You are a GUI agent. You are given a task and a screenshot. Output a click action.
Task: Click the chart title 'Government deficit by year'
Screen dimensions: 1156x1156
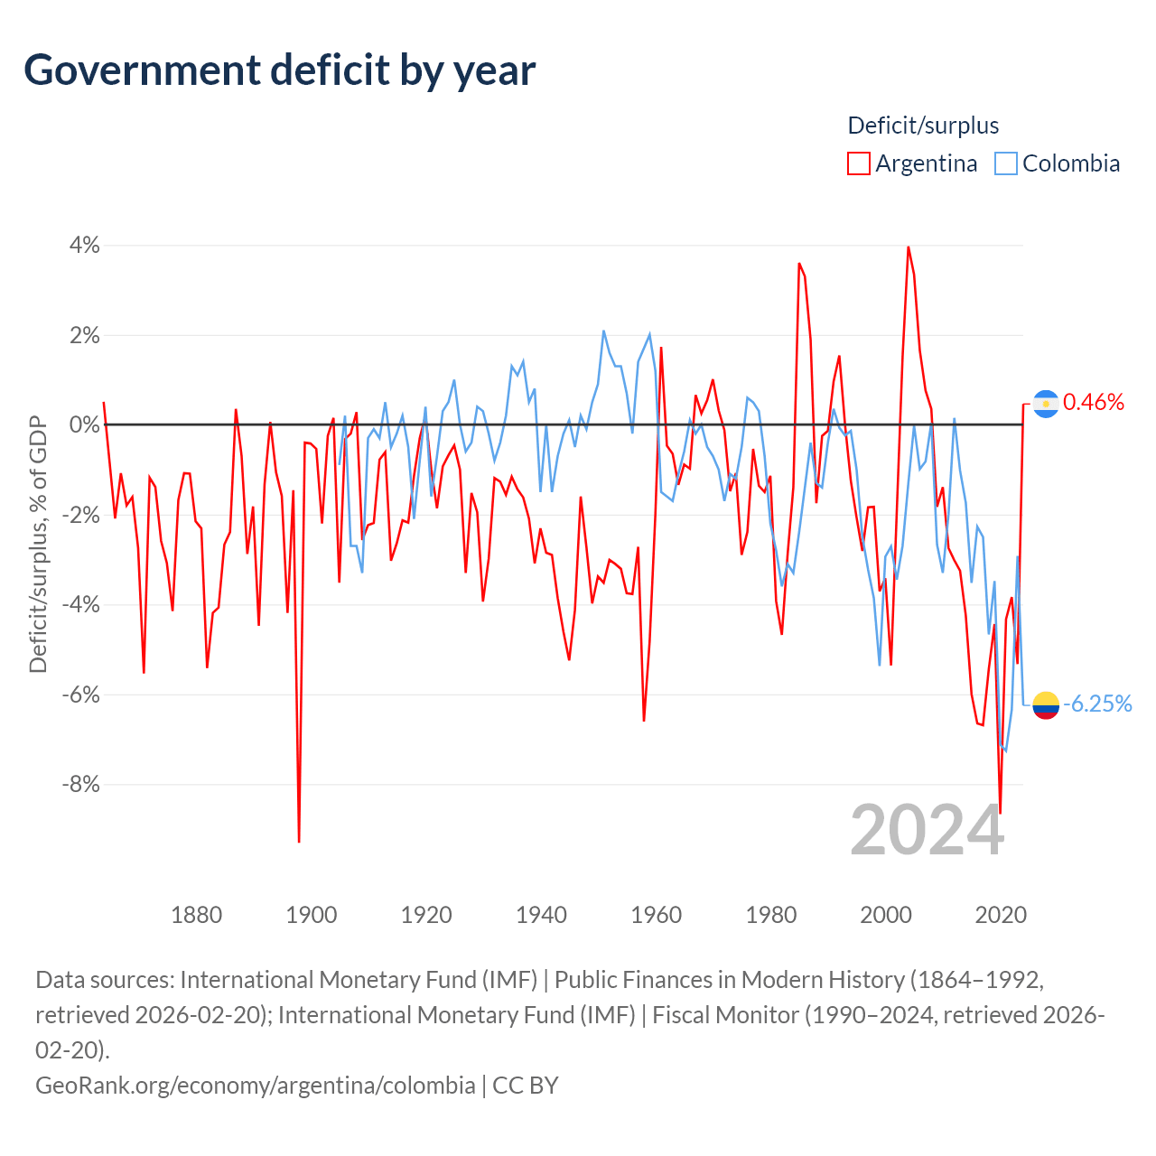(x=279, y=70)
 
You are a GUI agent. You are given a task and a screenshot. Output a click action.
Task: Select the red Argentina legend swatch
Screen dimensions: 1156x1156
(x=859, y=163)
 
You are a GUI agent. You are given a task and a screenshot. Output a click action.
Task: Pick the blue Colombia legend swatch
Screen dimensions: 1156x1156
(x=1005, y=163)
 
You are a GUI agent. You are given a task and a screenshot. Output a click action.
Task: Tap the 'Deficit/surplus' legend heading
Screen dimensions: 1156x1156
(x=923, y=126)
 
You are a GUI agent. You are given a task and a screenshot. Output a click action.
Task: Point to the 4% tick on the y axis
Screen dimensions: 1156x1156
(x=84, y=246)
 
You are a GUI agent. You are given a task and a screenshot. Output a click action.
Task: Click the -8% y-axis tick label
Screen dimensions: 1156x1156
(x=81, y=784)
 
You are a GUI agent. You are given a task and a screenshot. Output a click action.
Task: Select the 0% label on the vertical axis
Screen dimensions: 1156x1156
(x=84, y=424)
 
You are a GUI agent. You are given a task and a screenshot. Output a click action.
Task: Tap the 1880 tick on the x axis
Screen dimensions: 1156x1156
(x=196, y=915)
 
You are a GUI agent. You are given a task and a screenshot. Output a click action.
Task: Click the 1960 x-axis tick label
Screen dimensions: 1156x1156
(x=656, y=915)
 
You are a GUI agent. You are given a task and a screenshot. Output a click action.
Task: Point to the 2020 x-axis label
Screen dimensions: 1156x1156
(x=1000, y=915)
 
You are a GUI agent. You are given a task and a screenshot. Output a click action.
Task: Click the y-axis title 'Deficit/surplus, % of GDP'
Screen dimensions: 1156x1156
(x=38, y=544)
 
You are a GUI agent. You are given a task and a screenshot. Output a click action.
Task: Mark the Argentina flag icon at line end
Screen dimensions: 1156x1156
(x=1046, y=404)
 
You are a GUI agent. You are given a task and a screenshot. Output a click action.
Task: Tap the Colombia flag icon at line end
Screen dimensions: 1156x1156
(x=1046, y=704)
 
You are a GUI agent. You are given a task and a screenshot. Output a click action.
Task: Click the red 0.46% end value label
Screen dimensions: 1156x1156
(x=1093, y=403)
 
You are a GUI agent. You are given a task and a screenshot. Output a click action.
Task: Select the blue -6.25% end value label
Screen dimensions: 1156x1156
(x=1097, y=704)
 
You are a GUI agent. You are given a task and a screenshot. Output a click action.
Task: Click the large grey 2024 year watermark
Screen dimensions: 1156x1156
(x=927, y=830)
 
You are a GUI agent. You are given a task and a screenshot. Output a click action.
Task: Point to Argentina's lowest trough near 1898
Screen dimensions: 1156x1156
(x=299, y=841)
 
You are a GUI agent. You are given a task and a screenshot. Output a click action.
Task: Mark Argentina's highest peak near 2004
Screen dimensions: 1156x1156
(x=909, y=247)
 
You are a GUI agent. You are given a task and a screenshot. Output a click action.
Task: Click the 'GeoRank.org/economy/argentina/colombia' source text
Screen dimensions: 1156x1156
(x=256, y=1086)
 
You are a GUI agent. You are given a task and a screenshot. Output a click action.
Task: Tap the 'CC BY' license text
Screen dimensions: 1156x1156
(x=526, y=1086)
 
